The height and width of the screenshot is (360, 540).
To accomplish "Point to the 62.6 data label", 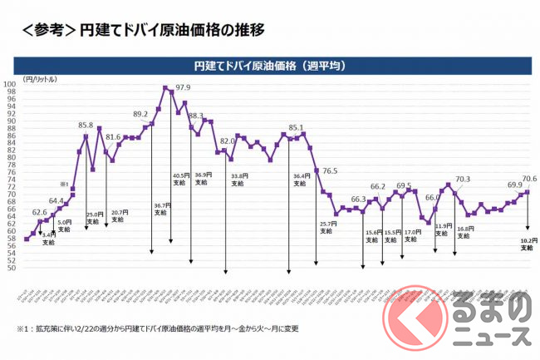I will click(39, 213).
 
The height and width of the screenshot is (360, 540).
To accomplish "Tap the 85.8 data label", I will click(86, 126).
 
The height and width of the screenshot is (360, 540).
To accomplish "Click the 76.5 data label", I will click(330, 170).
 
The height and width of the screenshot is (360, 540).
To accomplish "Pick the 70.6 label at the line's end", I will click(528, 178).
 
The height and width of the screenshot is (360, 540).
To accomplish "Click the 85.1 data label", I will click(296, 127).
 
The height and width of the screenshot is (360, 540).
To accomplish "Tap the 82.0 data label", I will click(228, 141).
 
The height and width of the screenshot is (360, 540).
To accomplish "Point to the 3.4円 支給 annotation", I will click(49, 239).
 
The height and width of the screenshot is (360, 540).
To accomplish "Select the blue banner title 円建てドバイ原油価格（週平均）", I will click(269, 64).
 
